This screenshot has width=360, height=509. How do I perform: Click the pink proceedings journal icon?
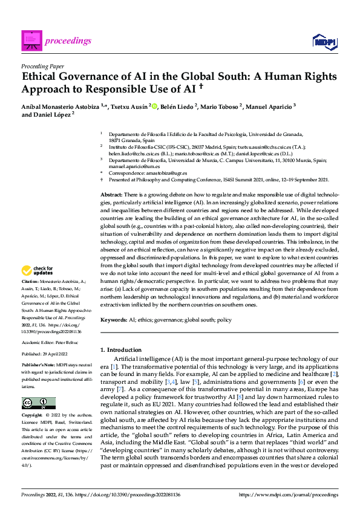[31, 41]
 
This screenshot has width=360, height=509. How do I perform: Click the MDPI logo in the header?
[324, 41]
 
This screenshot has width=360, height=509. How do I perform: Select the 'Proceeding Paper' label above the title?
[43, 66]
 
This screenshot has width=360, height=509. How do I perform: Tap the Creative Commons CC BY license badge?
[38, 403]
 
